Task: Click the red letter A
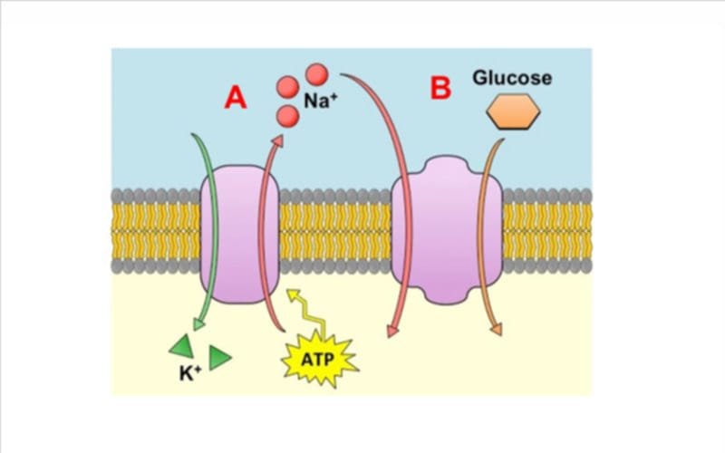tap(235, 97)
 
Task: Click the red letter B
tap(440, 89)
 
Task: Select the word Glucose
tap(512, 78)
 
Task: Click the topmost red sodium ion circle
tap(316, 72)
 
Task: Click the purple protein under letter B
tap(446, 230)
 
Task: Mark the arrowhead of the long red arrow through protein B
tap(392, 331)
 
